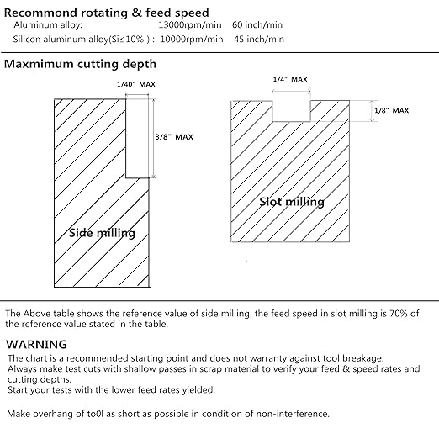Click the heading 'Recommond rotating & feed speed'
[107, 13]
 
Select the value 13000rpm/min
[190, 25]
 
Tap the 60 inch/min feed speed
[257, 25]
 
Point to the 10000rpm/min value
[192, 39]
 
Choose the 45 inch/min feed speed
[259, 39]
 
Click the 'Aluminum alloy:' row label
[48, 25]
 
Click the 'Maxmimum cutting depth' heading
[80, 64]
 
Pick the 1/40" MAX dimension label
[136, 84]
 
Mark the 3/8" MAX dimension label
[174, 137]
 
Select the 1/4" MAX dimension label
[290, 79]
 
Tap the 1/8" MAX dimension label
[392, 110]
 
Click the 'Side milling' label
[102, 233]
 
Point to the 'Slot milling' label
[292, 202]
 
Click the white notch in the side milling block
[137, 138]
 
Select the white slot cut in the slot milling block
[291, 111]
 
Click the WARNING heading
[36, 344]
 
